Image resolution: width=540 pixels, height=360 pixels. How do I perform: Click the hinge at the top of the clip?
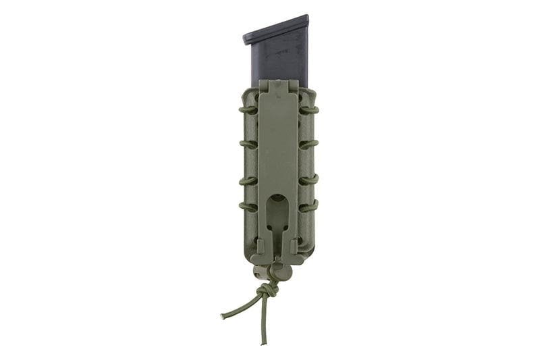click(x=278, y=86)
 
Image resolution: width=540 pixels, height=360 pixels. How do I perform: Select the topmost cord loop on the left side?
click(x=248, y=109)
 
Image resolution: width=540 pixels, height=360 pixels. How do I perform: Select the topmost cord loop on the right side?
click(x=308, y=109)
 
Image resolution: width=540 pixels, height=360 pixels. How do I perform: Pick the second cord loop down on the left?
click(x=248, y=144)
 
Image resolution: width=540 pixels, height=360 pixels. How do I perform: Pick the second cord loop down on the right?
click(x=308, y=144)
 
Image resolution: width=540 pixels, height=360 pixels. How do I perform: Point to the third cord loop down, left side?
click(x=248, y=180)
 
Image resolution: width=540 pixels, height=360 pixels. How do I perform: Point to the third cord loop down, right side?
click(x=308, y=180)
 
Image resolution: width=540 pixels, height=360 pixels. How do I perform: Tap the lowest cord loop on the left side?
click(x=248, y=207)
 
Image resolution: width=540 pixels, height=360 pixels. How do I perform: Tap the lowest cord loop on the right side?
click(x=308, y=207)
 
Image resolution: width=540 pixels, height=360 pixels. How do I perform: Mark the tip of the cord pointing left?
click(x=223, y=317)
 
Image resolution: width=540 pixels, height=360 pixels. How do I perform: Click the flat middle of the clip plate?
click(x=278, y=149)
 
